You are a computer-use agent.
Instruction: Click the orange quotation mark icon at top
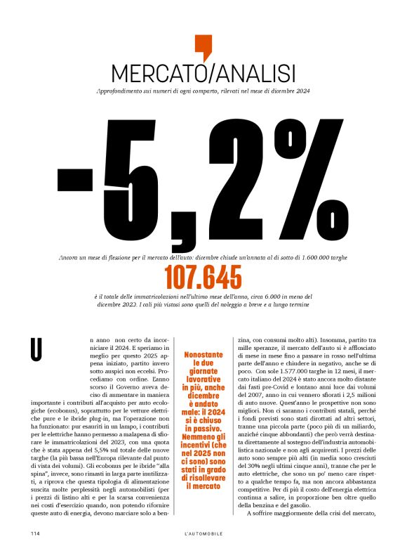coord(203,46)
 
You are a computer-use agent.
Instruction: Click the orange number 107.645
coord(203,279)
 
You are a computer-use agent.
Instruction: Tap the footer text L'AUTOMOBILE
coord(203,534)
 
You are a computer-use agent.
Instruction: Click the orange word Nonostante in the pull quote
coord(203,355)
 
